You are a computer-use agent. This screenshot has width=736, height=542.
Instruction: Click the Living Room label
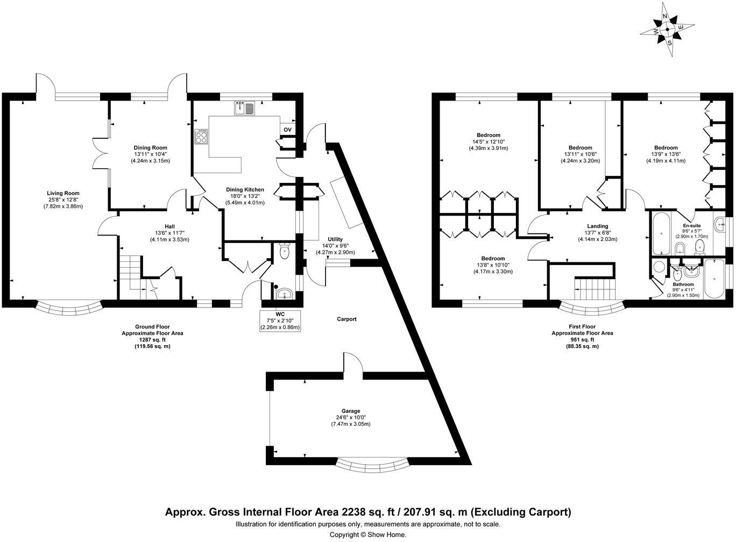[x=63, y=194]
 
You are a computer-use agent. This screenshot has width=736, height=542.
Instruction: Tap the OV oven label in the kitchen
[x=287, y=130]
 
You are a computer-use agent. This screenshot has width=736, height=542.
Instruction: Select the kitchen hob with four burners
[x=201, y=136]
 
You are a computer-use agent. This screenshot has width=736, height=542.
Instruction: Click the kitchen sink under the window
[x=245, y=108]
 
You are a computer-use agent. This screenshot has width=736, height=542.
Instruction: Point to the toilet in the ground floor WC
[x=284, y=251]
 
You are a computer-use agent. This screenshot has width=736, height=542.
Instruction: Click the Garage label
[x=351, y=411]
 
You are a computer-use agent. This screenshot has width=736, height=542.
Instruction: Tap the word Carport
[x=346, y=319]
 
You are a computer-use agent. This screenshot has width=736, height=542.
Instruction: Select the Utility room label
[x=335, y=239]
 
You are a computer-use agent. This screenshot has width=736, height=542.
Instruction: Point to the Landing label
[x=598, y=226]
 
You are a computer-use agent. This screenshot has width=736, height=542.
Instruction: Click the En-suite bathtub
[x=661, y=233]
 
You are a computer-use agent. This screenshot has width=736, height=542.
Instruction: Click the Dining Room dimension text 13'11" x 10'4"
[x=150, y=154]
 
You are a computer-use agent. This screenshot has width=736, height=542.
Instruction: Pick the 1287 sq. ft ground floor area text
[x=152, y=339]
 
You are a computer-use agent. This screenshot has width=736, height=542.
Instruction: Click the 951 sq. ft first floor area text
[x=582, y=339]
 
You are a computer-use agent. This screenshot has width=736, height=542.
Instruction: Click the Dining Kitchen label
[x=245, y=190]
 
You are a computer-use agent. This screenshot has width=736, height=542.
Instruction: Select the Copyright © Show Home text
[x=368, y=535]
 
